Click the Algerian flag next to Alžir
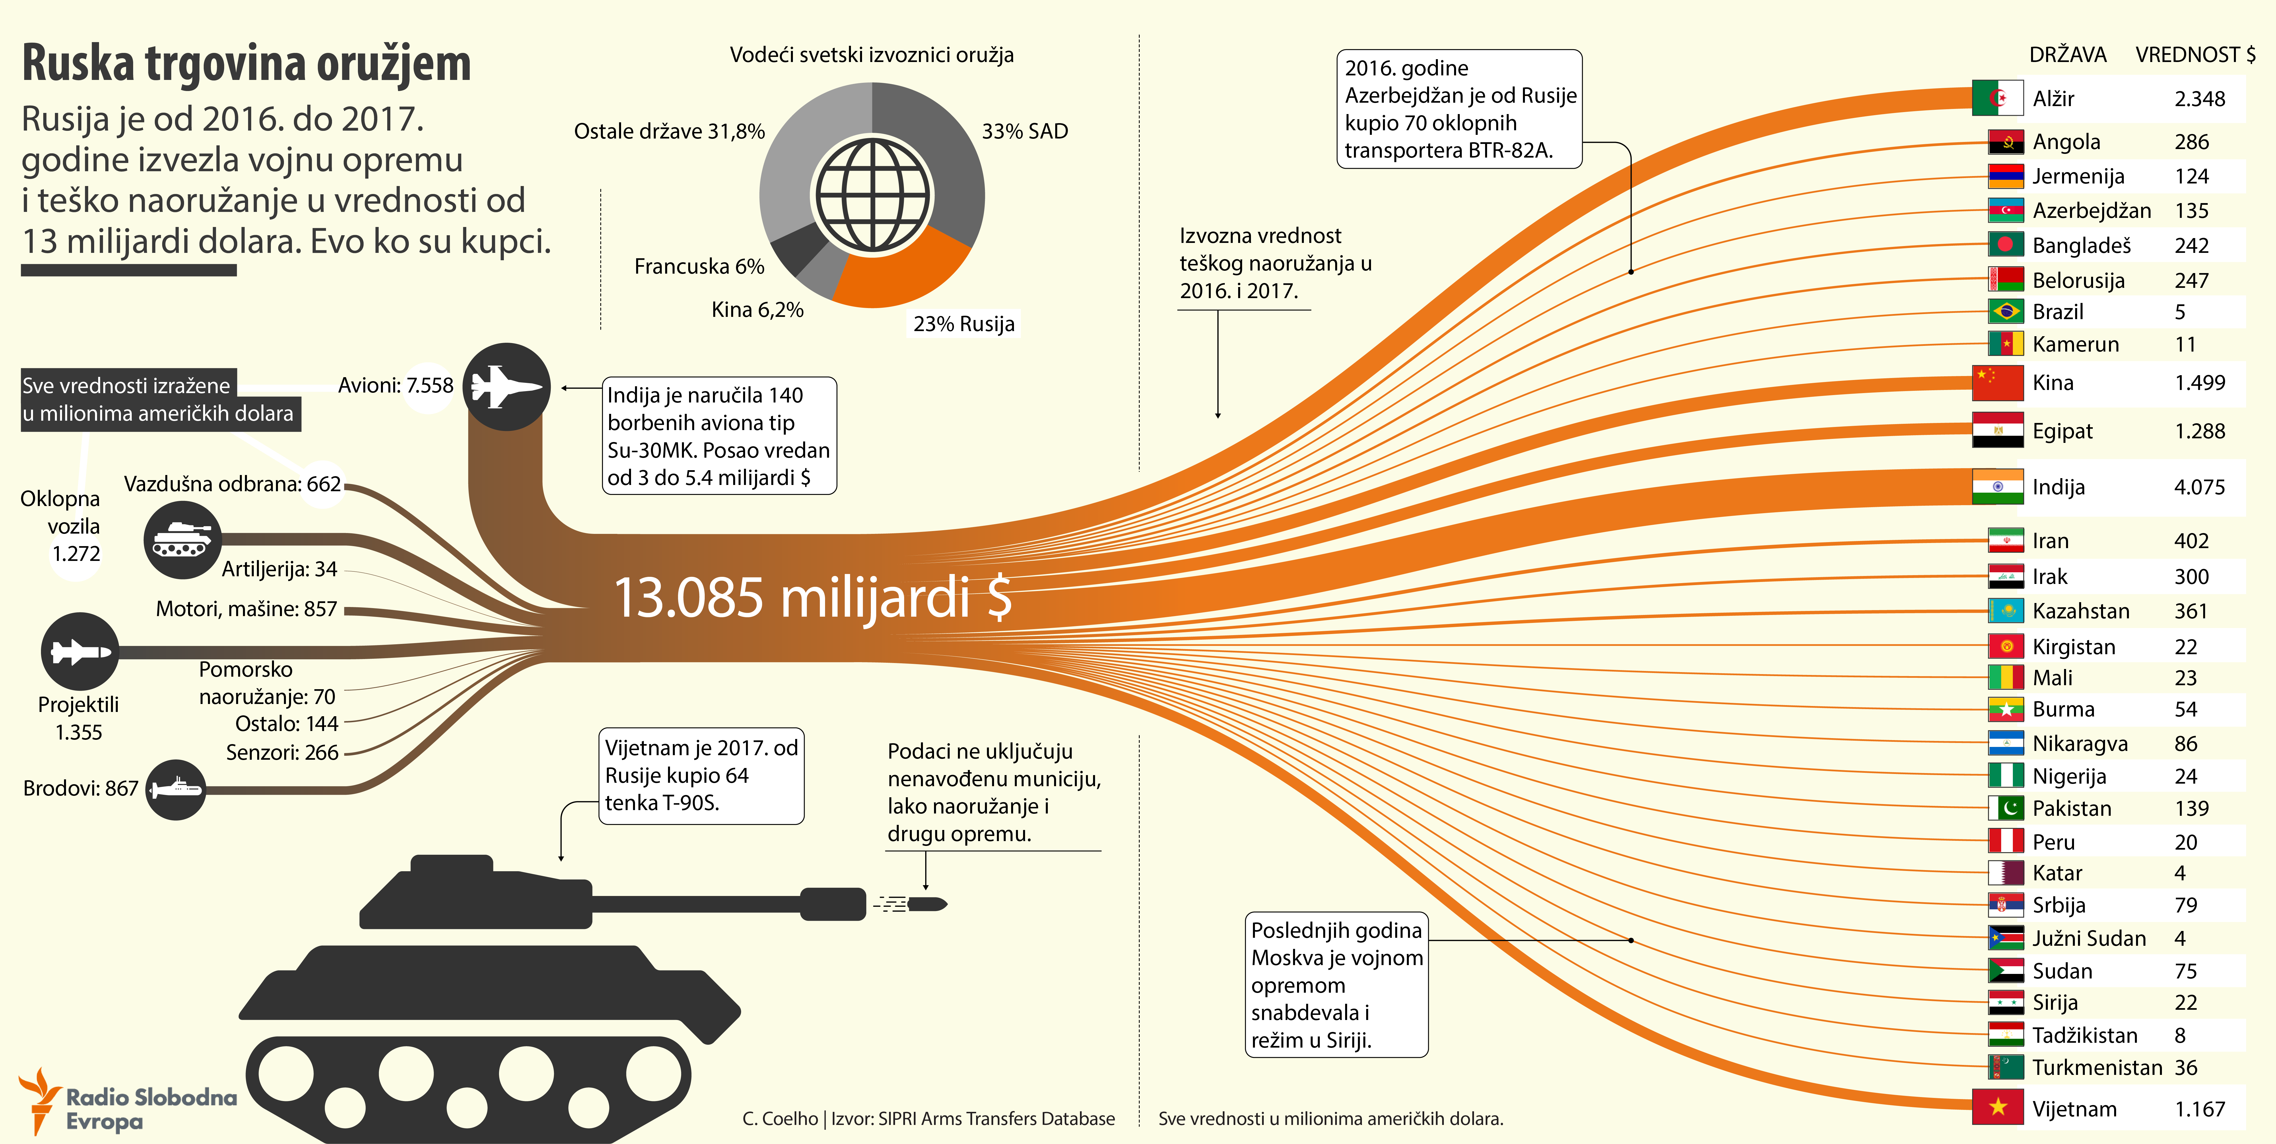click(1997, 98)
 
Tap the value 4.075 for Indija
click(2199, 487)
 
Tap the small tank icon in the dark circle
click(182, 540)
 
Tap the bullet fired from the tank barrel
click(926, 904)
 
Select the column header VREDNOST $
click(2195, 55)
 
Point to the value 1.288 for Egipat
click(2199, 431)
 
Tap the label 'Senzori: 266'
click(282, 753)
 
